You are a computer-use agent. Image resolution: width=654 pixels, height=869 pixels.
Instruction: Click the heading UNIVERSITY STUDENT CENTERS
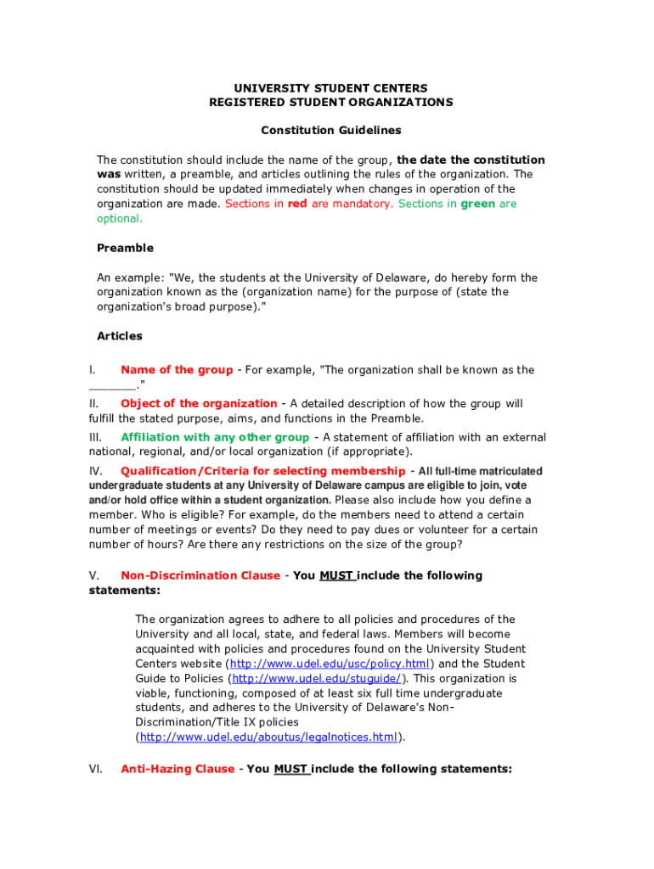[330, 88]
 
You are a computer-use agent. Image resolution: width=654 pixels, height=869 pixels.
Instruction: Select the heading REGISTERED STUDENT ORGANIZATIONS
[330, 103]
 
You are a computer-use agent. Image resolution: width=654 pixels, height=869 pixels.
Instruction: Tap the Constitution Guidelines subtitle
[330, 131]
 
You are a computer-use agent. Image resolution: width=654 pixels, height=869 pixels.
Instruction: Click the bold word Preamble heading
[125, 248]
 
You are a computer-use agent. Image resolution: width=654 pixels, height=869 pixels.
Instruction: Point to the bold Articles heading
[120, 336]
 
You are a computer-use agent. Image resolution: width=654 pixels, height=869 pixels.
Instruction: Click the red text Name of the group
[177, 370]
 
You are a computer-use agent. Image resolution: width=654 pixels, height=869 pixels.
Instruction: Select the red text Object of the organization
[199, 404]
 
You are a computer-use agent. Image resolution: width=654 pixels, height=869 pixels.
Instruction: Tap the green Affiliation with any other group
[215, 438]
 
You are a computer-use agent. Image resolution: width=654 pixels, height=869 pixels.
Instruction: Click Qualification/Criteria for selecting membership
[262, 471]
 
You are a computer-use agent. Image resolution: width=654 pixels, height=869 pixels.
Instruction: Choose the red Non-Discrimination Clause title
[200, 575]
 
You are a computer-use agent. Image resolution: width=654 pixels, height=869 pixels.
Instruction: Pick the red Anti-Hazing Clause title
[178, 769]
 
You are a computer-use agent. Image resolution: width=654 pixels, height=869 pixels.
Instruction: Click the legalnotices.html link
[268, 737]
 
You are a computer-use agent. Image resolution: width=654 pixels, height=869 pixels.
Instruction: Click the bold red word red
[297, 204]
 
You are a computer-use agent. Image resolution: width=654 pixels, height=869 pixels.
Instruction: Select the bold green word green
[478, 204]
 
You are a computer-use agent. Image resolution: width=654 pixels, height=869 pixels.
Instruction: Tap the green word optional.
[119, 218]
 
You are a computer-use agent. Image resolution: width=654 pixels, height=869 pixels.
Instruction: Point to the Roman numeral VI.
[96, 769]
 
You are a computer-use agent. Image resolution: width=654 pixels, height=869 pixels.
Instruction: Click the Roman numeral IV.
[96, 471]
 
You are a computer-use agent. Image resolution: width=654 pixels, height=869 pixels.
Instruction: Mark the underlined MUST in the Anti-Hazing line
[290, 769]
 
